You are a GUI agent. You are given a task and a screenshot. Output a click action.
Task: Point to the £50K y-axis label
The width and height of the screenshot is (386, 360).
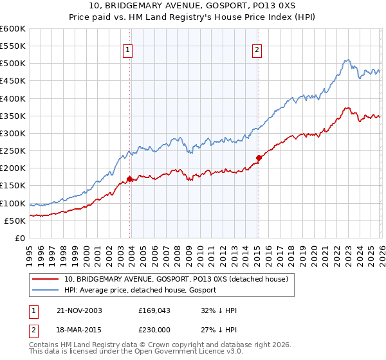pyautogui.click(x=14, y=221)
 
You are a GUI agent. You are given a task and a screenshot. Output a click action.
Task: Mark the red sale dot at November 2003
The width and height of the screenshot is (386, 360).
pyautogui.click(x=130, y=179)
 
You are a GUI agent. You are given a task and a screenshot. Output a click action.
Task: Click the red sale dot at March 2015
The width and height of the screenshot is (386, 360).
pyautogui.click(x=259, y=157)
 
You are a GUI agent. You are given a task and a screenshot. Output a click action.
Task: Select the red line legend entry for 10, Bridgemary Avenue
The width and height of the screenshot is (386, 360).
pyautogui.click(x=179, y=279)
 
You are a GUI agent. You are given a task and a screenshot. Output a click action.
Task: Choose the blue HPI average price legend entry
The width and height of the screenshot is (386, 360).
pyautogui.click(x=140, y=291)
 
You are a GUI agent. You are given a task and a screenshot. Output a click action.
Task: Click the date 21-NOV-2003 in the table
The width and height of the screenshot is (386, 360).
pyautogui.click(x=75, y=310)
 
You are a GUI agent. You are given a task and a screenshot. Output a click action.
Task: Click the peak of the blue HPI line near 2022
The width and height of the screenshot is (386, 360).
pyautogui.click(x=345, y=60)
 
